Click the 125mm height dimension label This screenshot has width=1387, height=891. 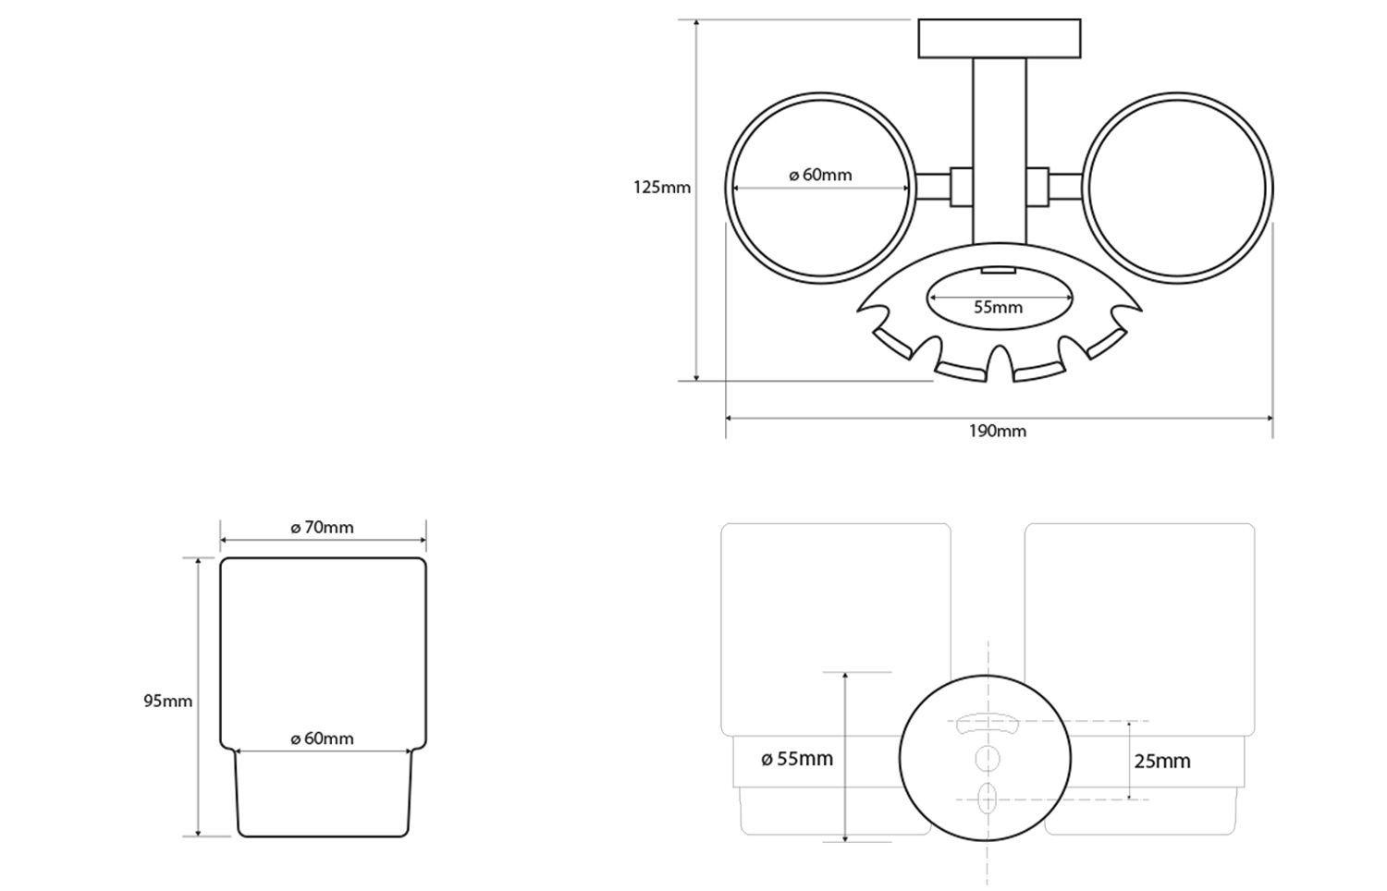tap(662, 188)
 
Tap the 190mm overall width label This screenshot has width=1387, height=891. tap(998, 431)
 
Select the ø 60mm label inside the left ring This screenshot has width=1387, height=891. tap(821, 175)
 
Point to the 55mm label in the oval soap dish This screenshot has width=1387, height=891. tap(999, 307)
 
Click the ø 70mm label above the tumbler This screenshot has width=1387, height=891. tap(323, 528)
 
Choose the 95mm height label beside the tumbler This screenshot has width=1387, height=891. tap(168, 701)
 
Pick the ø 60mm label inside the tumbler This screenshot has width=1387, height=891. tap(323, 738)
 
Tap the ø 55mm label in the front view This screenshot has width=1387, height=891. tap(797, 759)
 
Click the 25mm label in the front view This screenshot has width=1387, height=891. tap(1162, 762)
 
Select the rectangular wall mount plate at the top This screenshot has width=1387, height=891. tap(1000, 38)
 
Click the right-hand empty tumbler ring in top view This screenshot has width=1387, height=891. tap(1177, 188)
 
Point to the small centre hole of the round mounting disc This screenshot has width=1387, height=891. tap(987, 759)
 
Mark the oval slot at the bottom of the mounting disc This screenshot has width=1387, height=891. tap(987, 797)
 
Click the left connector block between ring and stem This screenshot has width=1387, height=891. tap(960, 188)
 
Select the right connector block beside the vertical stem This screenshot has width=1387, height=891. tap(1037, 188)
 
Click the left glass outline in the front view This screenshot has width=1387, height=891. tap(835, 629)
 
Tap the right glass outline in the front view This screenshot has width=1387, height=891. tap(1139, 629)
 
